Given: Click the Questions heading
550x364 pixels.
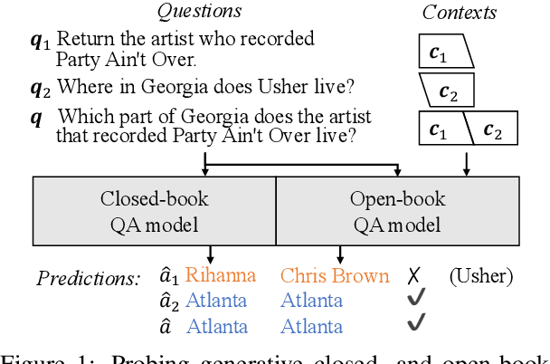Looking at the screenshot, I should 200,12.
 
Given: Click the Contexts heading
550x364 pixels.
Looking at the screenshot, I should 459,12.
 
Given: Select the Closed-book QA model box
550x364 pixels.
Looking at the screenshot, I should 154,210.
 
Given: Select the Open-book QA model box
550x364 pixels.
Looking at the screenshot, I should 397,210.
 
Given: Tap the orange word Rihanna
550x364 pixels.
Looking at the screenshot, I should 220,275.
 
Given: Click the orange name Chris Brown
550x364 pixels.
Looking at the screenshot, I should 335,275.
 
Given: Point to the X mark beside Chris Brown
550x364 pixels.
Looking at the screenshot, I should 413,276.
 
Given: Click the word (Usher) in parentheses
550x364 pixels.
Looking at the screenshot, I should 480,275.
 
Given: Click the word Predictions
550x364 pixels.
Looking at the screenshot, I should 88,277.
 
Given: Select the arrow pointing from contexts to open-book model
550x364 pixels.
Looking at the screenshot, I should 466,163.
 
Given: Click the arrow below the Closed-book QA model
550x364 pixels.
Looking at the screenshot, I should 210,254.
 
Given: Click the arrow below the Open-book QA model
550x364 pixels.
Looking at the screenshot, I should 339,254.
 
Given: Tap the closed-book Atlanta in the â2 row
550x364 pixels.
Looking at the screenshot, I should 217,301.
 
